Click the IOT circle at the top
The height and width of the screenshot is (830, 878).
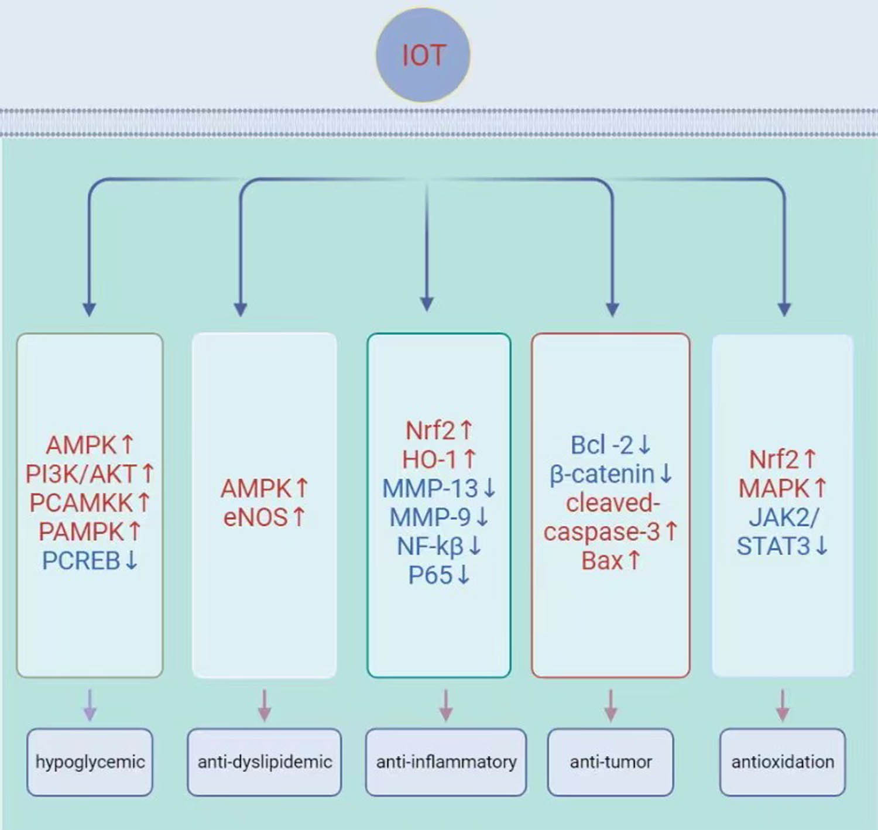click(x=423, y=55)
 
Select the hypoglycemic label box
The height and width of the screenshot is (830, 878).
click(x=90, y=762)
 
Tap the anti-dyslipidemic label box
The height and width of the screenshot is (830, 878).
click(x=265, y=762)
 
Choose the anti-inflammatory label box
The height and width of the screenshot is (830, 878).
click(x=446, y=762)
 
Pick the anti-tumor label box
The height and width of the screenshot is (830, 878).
click(x=611, y=762)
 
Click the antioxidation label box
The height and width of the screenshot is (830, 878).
click(x=783, y=762)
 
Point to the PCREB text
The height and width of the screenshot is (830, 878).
click(x=81, y=561)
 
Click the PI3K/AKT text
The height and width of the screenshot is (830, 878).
click(x=81, y=474)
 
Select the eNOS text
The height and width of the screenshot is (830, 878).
click(x=256, y=517)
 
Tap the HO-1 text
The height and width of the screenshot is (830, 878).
click(x=429, y=459)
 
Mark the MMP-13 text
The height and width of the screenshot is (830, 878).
click(x=430, y=488)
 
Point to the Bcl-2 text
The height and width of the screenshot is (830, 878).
click(x=602, y=445)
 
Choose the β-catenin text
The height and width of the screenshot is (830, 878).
click(x=602, y=474)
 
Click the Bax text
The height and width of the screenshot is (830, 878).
click(x=602, y=561)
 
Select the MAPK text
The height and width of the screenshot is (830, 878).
click(x=774, y=488)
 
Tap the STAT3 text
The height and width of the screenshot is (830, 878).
click(x=773, y=546)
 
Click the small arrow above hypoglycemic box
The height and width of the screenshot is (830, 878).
click(x=90, y=705)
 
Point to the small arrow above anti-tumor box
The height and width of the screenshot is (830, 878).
click(x=611, y=705)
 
